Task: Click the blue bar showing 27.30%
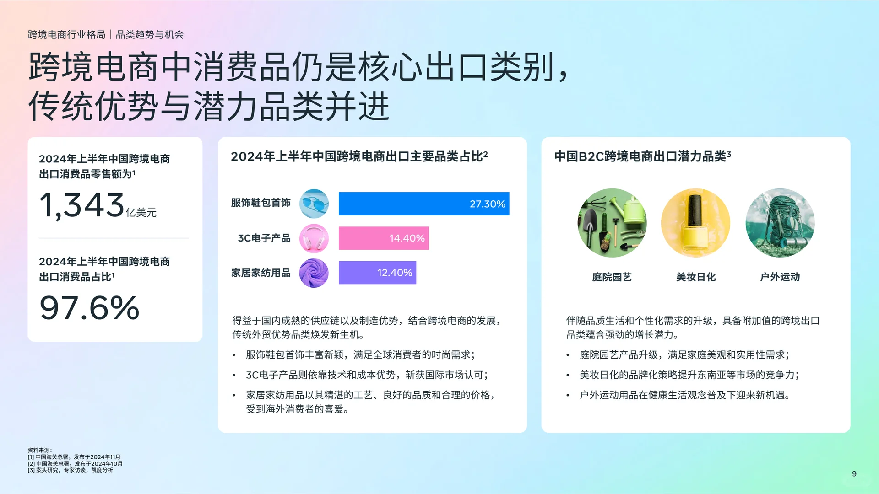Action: click(423, 204)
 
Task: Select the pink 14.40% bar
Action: click(383, 238)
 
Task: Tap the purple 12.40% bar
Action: click(377, 273)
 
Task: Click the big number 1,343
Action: click(81, 205)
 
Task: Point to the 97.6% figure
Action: click(89, 308)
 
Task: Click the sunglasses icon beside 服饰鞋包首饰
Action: click(314, 204)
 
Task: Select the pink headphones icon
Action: click(314, 238)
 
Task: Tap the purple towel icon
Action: click(314, 273)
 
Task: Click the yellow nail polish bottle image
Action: click(695, 223)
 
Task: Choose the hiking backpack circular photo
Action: click(780, 223)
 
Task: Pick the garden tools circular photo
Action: click(612, 223)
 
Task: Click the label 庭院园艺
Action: click(612, 277)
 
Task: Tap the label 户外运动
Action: click(780, 277)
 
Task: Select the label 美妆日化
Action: click(695, 277)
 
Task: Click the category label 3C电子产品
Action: click(264, 238)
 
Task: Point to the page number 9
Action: click(854, 474)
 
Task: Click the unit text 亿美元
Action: click(141, 213)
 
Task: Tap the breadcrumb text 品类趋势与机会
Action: click(150, 35)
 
